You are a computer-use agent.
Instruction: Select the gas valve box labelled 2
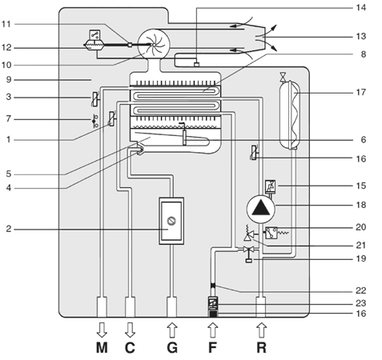171,221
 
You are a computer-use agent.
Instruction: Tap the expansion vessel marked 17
289,114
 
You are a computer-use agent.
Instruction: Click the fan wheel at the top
154,45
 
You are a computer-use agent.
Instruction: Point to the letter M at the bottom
102,348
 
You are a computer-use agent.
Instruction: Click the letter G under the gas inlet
172,348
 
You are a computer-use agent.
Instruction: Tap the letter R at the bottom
261,348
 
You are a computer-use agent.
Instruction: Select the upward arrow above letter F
212,330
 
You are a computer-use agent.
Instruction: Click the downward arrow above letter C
130,330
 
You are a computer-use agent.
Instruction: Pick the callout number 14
361,7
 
